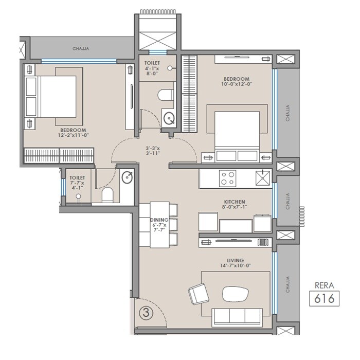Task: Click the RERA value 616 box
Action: tap(325, 298)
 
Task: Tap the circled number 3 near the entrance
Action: tap(146, 312)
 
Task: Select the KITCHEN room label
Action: tap(234, 202)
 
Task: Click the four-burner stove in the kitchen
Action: tap(228, 178)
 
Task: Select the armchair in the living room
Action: tap(199, 295)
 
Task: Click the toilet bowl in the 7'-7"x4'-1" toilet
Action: tap(107, 194)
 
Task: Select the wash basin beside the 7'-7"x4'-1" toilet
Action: tap(127, 178)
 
